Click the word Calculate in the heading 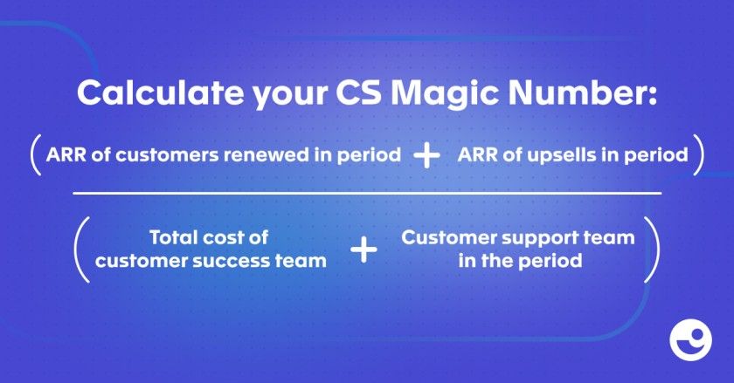pyautogui.click(x=160, y=93)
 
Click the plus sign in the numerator pyautogui.click(x=427, y=155)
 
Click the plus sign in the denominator pyautogui.click(x=364, y=250)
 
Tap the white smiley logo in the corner pyautogui.click(x=690, y=340)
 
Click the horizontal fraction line pyautogui.click(x=367, y=193)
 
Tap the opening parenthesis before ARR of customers pyautogui.click(x=36, y=154)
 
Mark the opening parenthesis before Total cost pyautogui.click(x=81, y=250)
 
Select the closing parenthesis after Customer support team pyautogui.click(x=652, y=250)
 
